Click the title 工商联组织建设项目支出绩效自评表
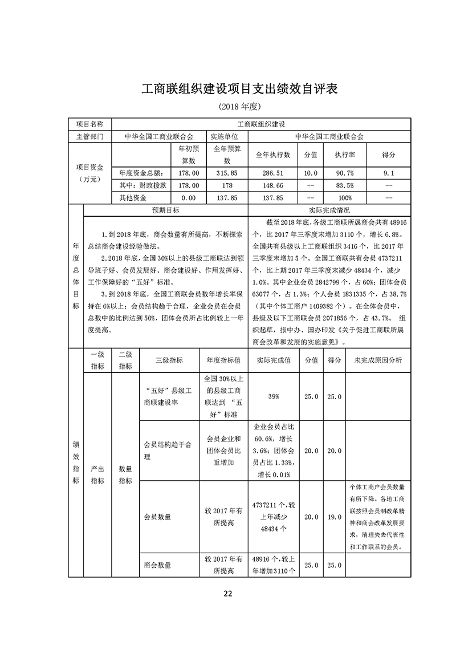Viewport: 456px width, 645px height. pyautogui.click(x=228, y=90)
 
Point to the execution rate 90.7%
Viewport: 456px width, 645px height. pyautogui.click(x=345, y=172)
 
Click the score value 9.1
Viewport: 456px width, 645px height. pyautogui.click(x=390, y=172)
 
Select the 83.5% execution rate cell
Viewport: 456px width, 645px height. pyautogui.click(x=345, y=185)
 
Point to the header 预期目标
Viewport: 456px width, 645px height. pyautogui.click(x=166, y=210)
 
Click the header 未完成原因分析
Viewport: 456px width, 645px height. pyautogui.click(x=378, y=360)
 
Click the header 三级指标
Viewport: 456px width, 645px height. pyautogui.click(x=169, y=360)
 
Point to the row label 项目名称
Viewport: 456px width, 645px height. pyautogui.click(x=90, y=124)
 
